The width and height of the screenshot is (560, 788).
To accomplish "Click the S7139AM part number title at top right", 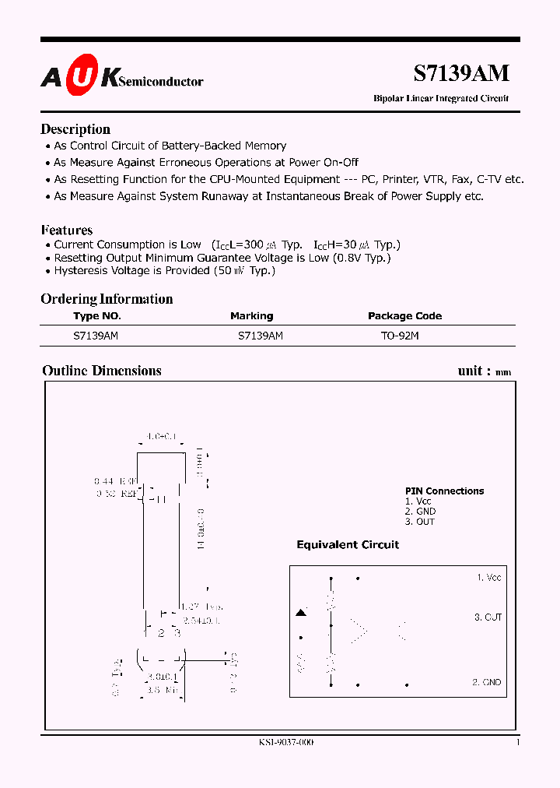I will click(x=460, y=73).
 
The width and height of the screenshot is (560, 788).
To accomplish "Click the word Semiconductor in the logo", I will click(x=163, y=81).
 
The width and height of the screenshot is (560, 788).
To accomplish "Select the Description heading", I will click(x=75, y=129).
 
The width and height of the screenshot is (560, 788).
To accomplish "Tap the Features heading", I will click(x=67, y=230).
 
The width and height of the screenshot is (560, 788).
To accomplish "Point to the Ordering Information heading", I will click(x=107, y=299).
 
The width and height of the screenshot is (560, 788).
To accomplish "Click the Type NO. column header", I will click(x=97, y=316).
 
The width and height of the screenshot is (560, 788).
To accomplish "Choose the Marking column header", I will click(x=251, y=316).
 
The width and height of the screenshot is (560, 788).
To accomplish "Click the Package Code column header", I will click(x=404, y=316).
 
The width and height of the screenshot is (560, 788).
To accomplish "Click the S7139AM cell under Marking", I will click(x=260, y=336).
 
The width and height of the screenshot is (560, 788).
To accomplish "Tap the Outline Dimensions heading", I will click(x=102, y=371).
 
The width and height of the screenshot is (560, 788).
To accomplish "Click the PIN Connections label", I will click(x=444, y=491).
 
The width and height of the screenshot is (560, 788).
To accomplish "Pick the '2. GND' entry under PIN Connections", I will click(x=420, y=512).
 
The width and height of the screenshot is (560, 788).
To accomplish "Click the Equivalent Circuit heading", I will click(x=348, y=545).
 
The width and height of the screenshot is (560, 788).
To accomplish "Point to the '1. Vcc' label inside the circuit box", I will click(x=488, y=578).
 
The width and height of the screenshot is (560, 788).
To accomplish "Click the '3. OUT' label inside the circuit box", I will click(x=488, y=617).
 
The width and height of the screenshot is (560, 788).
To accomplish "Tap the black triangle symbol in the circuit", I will click(x=301, y=614).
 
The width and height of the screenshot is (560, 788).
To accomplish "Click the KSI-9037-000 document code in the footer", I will click(x=286, y=743).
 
